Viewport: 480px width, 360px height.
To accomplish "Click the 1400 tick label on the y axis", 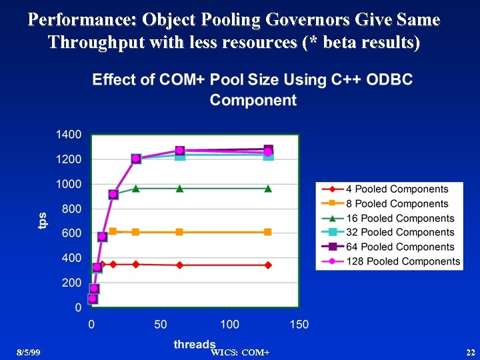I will click(69, 135).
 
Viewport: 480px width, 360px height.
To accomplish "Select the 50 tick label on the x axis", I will click(161, 324).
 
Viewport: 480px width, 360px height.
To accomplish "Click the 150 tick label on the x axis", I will click(299, 324).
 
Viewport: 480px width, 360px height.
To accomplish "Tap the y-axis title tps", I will click(43, 221).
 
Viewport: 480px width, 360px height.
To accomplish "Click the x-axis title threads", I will click(195, 344).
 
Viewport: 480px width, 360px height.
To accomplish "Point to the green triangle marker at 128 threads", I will click(268, 189).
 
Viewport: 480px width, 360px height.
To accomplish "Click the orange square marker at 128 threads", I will click(268, 232).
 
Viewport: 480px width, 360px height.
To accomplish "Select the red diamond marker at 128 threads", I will click(268, 265).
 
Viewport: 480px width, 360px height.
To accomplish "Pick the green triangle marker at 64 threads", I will click(180, 189).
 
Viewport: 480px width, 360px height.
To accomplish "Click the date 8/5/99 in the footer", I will click(29, 351).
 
